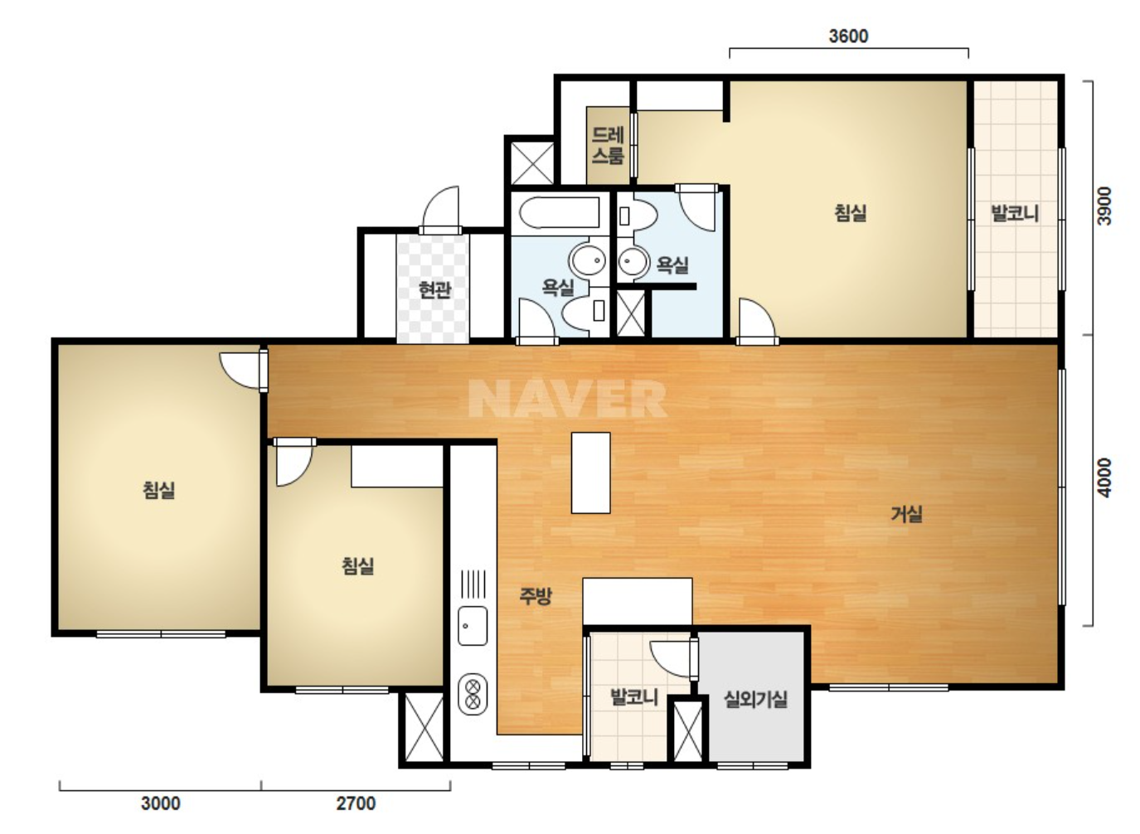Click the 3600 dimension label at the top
848,36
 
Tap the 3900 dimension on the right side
1104,206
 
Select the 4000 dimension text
1104,478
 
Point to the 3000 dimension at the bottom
161,803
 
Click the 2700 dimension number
357,803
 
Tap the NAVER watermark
567,399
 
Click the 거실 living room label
906,514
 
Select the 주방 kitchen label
535,595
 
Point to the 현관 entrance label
434,289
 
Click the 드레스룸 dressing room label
608,145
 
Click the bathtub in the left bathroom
559,213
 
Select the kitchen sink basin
473,626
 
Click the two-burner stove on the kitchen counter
473,695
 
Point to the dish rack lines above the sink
473,584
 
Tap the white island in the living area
591,473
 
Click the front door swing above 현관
441,210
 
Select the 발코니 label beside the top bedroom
1015,213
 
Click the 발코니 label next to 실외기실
634,696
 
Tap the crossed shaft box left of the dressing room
531,163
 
